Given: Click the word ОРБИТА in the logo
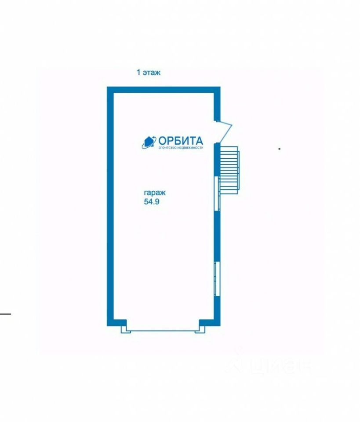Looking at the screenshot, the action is pyautogui.click(x=181, y=140).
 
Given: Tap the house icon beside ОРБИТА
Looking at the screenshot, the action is pyautogui.click(x=149, y=142).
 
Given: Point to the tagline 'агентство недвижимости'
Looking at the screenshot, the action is pyautogui.click(x=181, y=148).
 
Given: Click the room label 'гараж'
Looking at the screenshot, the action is pyautogui.click(x=154, y=193).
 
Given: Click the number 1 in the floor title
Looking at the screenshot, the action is pyautogui.click(x=138, y=73).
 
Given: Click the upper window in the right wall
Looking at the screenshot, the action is pyautogui.click(x=217, y=193).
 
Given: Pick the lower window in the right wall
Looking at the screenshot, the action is pyautogui.click(x=216, y=279).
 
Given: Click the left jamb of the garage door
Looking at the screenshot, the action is pyautogui.click(x=124, y=327).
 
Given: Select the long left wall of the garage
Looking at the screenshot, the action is pyautogui.click(x=110, y=207).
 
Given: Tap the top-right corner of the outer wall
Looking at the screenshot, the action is pyautogui.click(x=217, y=90).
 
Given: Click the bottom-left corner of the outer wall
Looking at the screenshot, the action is pyautogui.click(x=110, y=323).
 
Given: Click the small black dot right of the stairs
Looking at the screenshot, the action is pyautogui.click(x=279, y=149).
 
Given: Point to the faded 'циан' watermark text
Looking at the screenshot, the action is pyautogui.click(x=281, y=365).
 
